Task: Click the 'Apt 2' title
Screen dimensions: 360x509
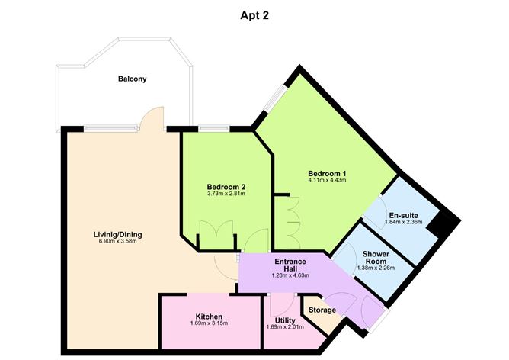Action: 254,14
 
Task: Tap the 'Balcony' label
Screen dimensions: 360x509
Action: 132,79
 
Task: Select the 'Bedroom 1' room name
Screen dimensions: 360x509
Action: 327,172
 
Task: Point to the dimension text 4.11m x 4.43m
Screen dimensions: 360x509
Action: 327,181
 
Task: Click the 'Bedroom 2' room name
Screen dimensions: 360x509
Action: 226,186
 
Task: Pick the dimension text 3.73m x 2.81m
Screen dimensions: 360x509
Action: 226,194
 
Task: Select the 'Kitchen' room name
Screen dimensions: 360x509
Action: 208,316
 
